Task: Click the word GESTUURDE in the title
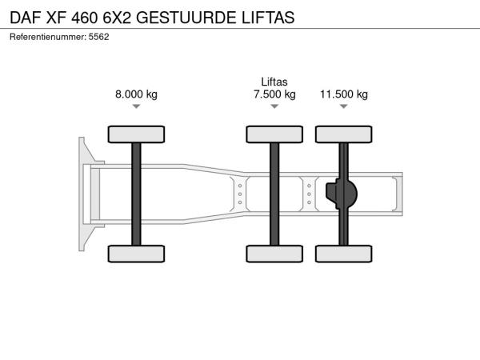[x=186, y=18]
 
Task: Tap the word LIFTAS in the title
[x=268, y=18]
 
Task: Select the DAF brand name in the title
[x=26, y=18]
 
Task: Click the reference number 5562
[x=98, y=37]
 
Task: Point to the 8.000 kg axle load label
[x=136, y=94]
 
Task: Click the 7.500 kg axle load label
[x=274, y=94]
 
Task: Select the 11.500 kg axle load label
[x=344, y=94]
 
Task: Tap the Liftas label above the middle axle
[x=274, y=82]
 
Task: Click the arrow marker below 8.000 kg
[x=136, y=106]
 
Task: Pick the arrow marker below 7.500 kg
[x=274, y=106]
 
